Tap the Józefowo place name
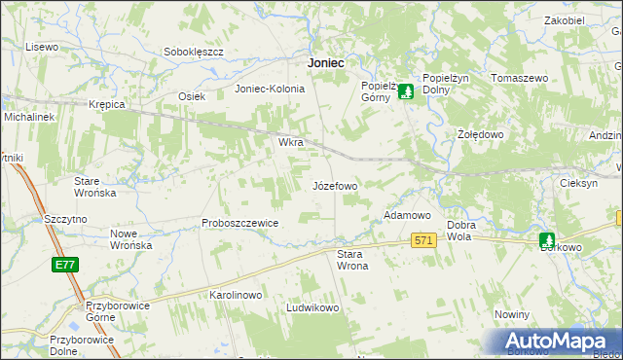point(335,185)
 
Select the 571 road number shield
point(422,240)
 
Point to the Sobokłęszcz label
point(194,51)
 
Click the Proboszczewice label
point(240,223)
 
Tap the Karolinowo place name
point(237,294)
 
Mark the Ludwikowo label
point(311,307)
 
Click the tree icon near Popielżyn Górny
point(407,91)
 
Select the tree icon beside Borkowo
point(547,239)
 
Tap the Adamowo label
point(408,214)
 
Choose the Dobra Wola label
point(460,231)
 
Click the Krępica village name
point(107,103)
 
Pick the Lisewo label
point(42,47)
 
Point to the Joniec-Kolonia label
point(270,89)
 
